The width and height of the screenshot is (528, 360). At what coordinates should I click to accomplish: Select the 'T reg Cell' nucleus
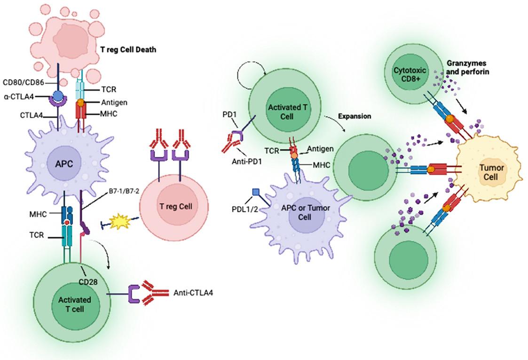[x=177, y=206]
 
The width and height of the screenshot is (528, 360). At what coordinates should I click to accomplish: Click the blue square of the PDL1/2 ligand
[x=256, y=192]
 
